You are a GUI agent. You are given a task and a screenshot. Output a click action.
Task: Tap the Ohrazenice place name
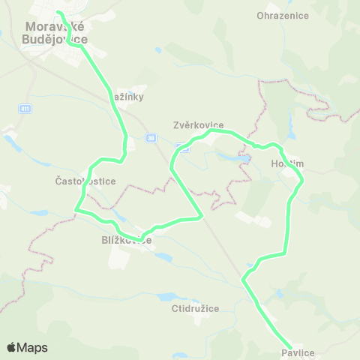point(279,15)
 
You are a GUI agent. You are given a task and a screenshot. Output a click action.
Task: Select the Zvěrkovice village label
point(198,126)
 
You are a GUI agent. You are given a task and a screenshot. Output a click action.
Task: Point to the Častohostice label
point(83,181)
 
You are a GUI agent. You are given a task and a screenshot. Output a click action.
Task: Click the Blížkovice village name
point(126,241)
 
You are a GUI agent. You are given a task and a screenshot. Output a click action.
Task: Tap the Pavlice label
point(298,352)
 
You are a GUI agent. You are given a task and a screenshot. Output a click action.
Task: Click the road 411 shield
point(25,109)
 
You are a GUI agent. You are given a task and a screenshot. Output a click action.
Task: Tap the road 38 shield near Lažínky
point(151,137)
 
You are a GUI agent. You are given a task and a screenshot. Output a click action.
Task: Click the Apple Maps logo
point(27,347)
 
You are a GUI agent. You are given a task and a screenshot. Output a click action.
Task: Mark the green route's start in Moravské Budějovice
point(58,13)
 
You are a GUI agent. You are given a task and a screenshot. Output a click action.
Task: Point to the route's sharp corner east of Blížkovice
point(202,217)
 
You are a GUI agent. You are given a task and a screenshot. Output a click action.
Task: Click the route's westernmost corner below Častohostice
point(76,211)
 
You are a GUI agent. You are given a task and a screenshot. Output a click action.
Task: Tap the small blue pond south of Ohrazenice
point(157,50)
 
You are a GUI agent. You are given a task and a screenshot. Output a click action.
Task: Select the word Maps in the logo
point(33,347)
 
